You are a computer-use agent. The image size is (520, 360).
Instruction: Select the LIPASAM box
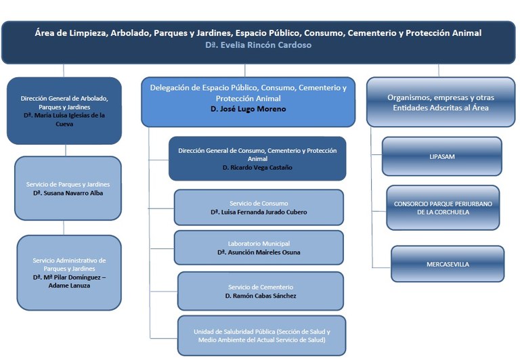click(441, 156)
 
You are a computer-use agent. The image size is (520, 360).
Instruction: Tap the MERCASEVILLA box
click(447, 264)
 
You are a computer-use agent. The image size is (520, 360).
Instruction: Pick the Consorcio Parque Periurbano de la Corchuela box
click(442, 207)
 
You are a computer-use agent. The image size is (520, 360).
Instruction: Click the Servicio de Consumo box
click(259, 207)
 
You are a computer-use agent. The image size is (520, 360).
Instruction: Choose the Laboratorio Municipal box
click(259, 248)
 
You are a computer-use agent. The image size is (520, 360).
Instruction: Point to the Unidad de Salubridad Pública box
click(261, 335)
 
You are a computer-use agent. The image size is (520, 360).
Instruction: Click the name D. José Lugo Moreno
click(247, 109)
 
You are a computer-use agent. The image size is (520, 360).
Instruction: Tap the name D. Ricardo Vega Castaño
click(258, 167)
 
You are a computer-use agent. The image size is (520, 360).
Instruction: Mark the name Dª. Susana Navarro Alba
click(68, 193)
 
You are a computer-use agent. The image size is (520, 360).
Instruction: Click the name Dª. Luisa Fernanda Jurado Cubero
click(259, 212)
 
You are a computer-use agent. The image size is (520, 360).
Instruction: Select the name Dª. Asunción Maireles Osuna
click(259, 252)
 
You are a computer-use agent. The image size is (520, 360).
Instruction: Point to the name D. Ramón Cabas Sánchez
click(261, 296)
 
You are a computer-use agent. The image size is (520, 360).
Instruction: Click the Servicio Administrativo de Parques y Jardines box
click(69, 272)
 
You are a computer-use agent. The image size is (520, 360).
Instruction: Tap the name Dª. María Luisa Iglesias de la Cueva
click(64, 120)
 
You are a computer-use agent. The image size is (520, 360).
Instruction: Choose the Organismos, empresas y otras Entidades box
click(440, 102)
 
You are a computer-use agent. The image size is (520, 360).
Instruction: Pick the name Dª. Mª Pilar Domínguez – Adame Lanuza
click(69, 282)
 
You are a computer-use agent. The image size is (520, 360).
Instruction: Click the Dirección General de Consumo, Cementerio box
click(257, 158)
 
